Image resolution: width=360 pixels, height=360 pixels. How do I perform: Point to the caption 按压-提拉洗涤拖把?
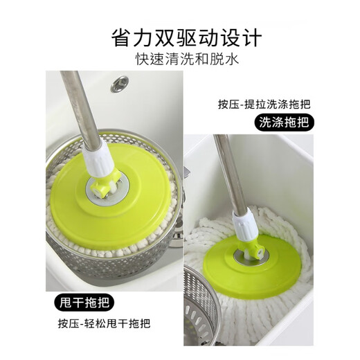coord(264,105)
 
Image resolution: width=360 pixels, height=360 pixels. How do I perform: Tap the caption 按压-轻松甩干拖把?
coord(105,323)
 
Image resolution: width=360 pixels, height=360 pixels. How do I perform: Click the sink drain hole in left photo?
coord(120,84)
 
